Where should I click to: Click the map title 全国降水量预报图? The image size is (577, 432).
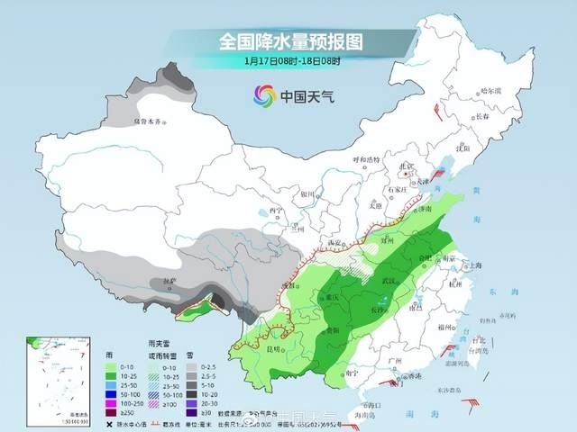pos(289,41)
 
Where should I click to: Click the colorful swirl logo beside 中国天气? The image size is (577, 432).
pos(264,94)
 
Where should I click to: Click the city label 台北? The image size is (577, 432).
pos(479,340)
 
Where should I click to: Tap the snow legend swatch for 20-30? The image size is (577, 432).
pos(203,401)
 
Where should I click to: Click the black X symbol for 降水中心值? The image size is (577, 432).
pos(111,421)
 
